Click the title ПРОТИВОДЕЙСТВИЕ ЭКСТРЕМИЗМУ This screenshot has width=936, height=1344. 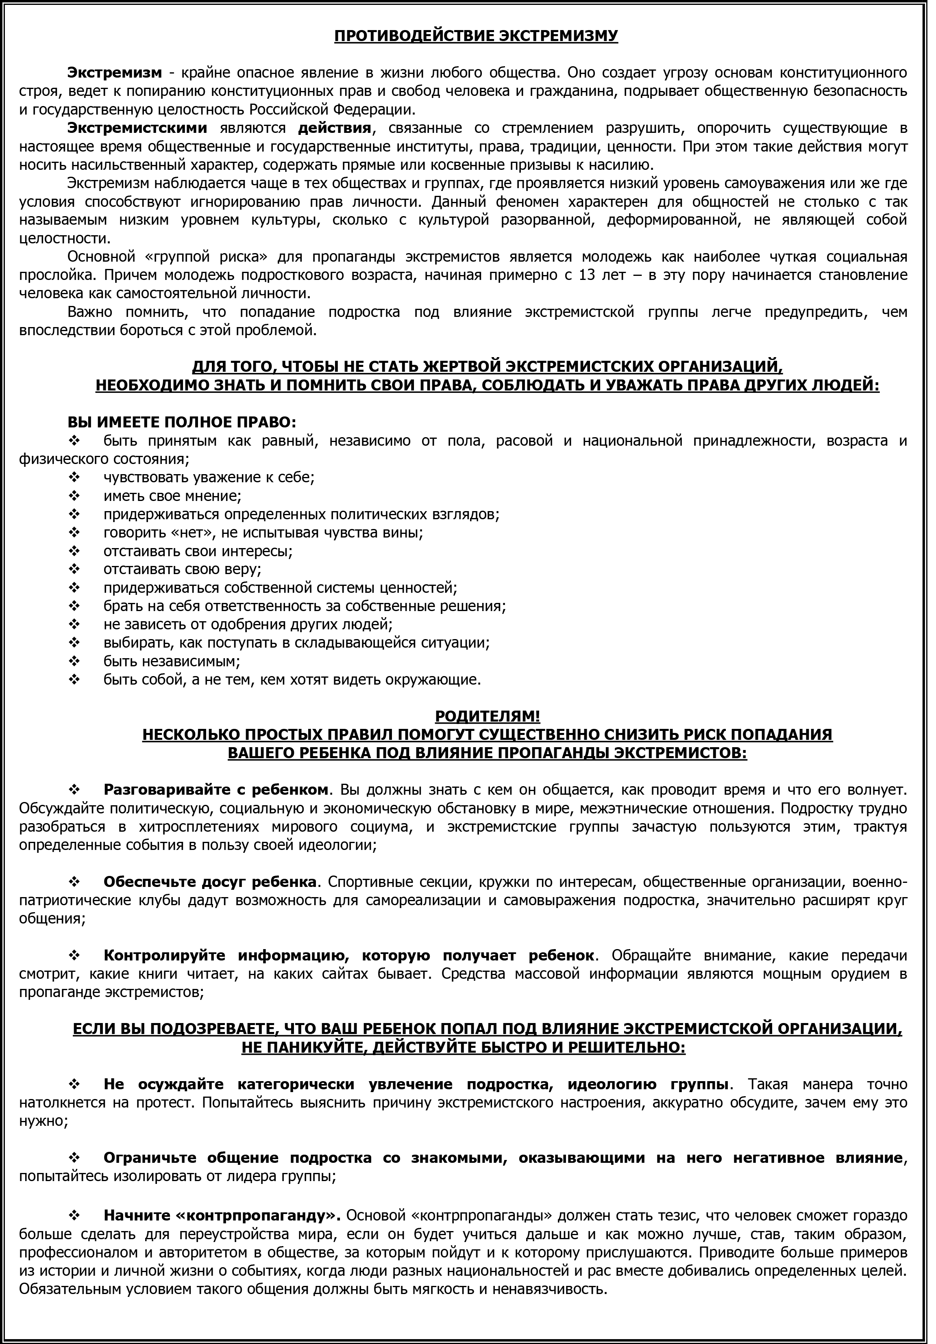[476, 36]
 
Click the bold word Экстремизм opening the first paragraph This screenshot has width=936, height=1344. [114, 73]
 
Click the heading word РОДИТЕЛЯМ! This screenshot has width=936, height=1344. [488, 716]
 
